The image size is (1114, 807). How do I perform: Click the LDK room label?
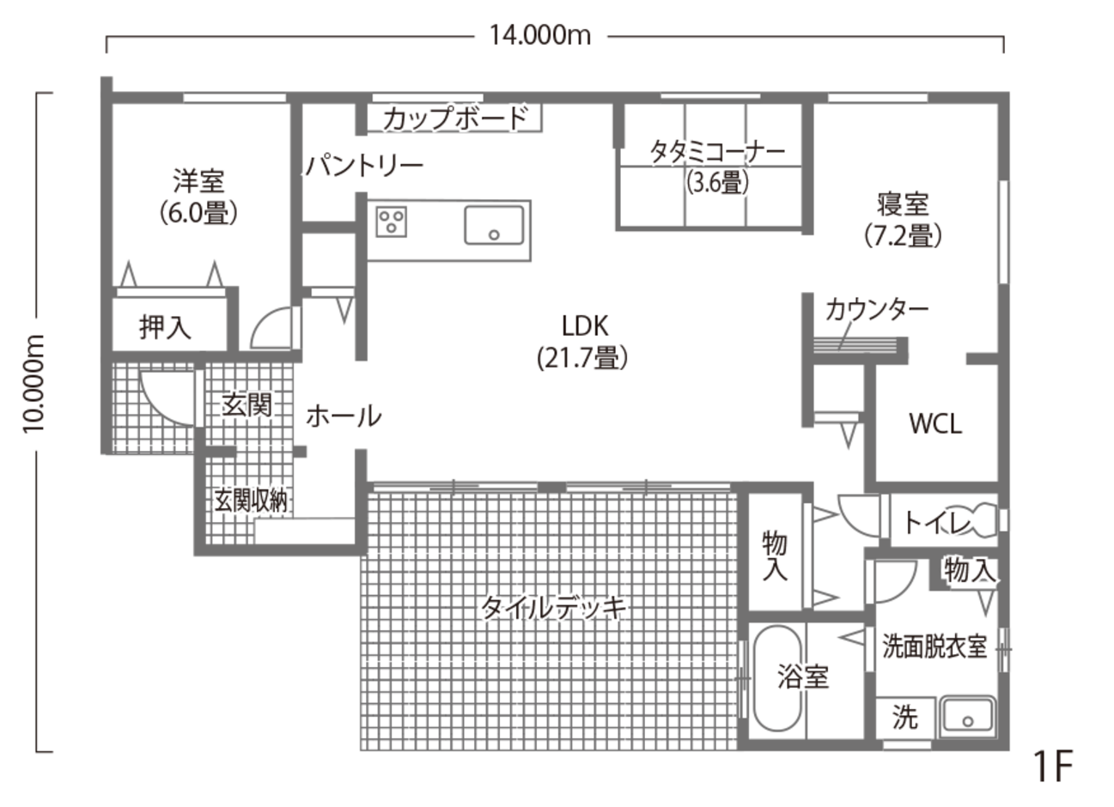[583, 341]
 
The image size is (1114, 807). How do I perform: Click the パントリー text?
[363, 165]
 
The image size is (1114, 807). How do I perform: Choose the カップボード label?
[454, 117]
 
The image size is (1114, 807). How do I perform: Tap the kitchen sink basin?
[495, 225]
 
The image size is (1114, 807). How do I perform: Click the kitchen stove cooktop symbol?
[391, 221]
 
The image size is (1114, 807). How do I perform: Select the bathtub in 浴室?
[776, 678]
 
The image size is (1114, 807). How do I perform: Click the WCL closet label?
[936, 423]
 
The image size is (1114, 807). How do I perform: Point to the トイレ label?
[938, 522]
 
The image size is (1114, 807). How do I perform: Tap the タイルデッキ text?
[553, 608]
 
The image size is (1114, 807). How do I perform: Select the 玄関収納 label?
[251, 501]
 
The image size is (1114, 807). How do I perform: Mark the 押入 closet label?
[165, 326]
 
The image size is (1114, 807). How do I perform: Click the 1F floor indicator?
[1054, 766]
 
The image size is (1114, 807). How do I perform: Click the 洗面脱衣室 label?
[934, 646]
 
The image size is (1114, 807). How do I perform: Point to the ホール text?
[343, 416]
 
